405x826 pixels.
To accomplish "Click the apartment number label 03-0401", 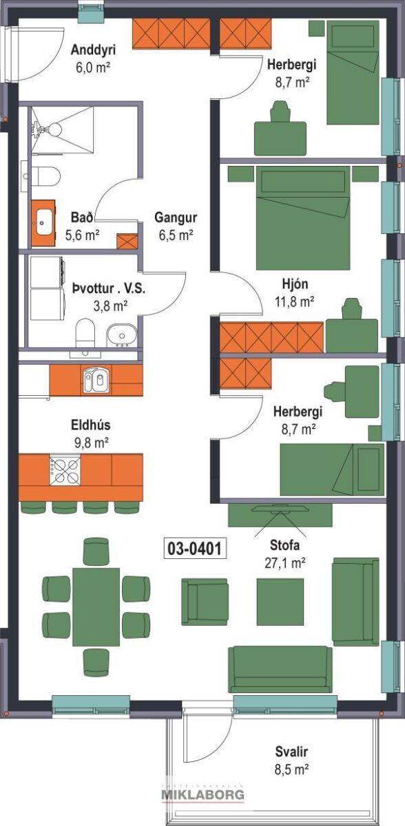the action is [194, 548].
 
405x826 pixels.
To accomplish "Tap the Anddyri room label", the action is [93, 50].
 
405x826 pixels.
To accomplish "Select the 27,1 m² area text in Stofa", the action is [284, 563].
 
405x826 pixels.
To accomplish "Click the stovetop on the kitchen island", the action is [65, 471].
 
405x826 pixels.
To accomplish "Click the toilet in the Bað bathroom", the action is [45, 176].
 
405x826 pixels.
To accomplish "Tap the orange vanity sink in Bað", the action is [43, 223].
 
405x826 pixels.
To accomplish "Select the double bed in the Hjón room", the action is [303, 218].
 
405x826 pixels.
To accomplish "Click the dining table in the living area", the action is [96, 607].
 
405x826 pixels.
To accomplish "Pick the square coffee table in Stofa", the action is [280, 602].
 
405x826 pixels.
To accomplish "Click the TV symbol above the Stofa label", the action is [280, 509].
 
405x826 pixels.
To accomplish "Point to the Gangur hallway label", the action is [176, 218].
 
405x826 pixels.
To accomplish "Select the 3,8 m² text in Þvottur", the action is [110, 306].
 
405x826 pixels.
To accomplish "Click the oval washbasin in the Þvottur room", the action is [122, 335].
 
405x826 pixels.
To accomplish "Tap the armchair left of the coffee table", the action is [205, 602].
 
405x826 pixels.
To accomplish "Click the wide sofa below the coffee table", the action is [280, 669].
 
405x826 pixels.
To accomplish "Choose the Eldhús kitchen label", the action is [91, 425].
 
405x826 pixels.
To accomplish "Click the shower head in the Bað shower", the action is [54, 129].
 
